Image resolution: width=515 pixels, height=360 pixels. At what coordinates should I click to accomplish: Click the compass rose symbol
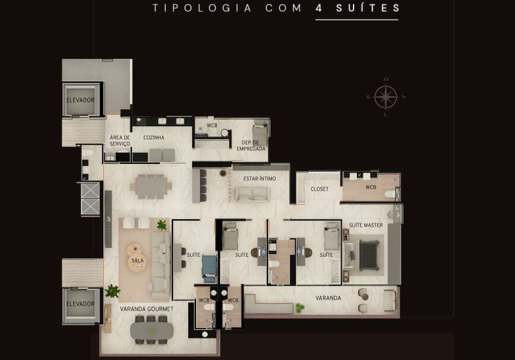386,97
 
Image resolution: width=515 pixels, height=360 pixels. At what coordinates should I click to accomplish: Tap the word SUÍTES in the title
368,8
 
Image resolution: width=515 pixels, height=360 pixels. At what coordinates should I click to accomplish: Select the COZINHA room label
154,138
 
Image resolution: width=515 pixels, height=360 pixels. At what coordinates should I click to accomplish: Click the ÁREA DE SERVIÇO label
120,140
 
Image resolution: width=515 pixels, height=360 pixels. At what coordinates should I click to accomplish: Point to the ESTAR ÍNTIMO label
259,178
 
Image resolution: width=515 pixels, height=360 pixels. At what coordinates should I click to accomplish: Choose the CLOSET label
320,189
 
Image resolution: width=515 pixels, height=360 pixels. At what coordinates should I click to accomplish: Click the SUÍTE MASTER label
366,225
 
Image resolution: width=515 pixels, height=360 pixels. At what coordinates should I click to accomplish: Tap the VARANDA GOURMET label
146,309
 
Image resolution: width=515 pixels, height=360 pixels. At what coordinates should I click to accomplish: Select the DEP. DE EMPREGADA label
251,146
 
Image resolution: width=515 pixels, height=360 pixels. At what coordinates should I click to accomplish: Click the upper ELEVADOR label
80,100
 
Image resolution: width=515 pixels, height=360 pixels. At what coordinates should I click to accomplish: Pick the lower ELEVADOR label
80,304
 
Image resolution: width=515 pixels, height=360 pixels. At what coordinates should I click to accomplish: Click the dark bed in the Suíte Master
369,255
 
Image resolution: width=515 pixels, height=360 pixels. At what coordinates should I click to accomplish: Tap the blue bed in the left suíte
210,269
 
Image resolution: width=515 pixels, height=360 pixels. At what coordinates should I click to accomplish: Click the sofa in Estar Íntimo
252,195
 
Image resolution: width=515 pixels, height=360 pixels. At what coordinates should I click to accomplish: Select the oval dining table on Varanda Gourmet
152,331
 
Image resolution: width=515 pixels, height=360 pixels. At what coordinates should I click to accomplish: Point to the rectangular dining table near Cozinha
151,186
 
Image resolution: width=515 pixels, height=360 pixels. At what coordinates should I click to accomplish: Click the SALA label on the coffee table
137,261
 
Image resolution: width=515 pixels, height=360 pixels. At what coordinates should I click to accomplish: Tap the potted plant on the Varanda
299,308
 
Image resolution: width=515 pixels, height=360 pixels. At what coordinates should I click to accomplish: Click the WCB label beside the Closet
371,188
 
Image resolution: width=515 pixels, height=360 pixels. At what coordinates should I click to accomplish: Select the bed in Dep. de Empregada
260,134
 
